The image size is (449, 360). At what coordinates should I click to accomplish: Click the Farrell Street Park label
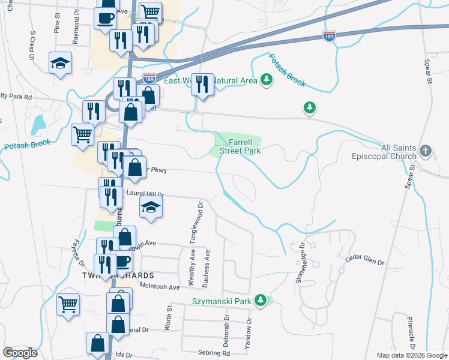[244, 147]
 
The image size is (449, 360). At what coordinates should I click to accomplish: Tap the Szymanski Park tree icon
[261, 299]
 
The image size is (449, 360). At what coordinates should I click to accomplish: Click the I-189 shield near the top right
[329, 35]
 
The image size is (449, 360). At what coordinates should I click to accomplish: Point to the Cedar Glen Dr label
[364, 260]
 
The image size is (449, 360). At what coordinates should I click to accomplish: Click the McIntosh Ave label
[160, 287]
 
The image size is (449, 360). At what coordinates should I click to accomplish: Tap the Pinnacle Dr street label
[411, 333]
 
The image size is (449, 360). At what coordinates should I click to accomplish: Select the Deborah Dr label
[227, 326]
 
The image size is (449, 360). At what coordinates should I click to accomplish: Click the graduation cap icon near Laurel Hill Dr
[151, 208]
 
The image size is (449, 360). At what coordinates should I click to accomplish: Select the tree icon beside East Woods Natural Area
[267, 80]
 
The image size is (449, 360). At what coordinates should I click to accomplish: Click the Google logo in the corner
[20, 353]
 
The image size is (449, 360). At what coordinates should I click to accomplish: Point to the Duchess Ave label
[207, 263]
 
